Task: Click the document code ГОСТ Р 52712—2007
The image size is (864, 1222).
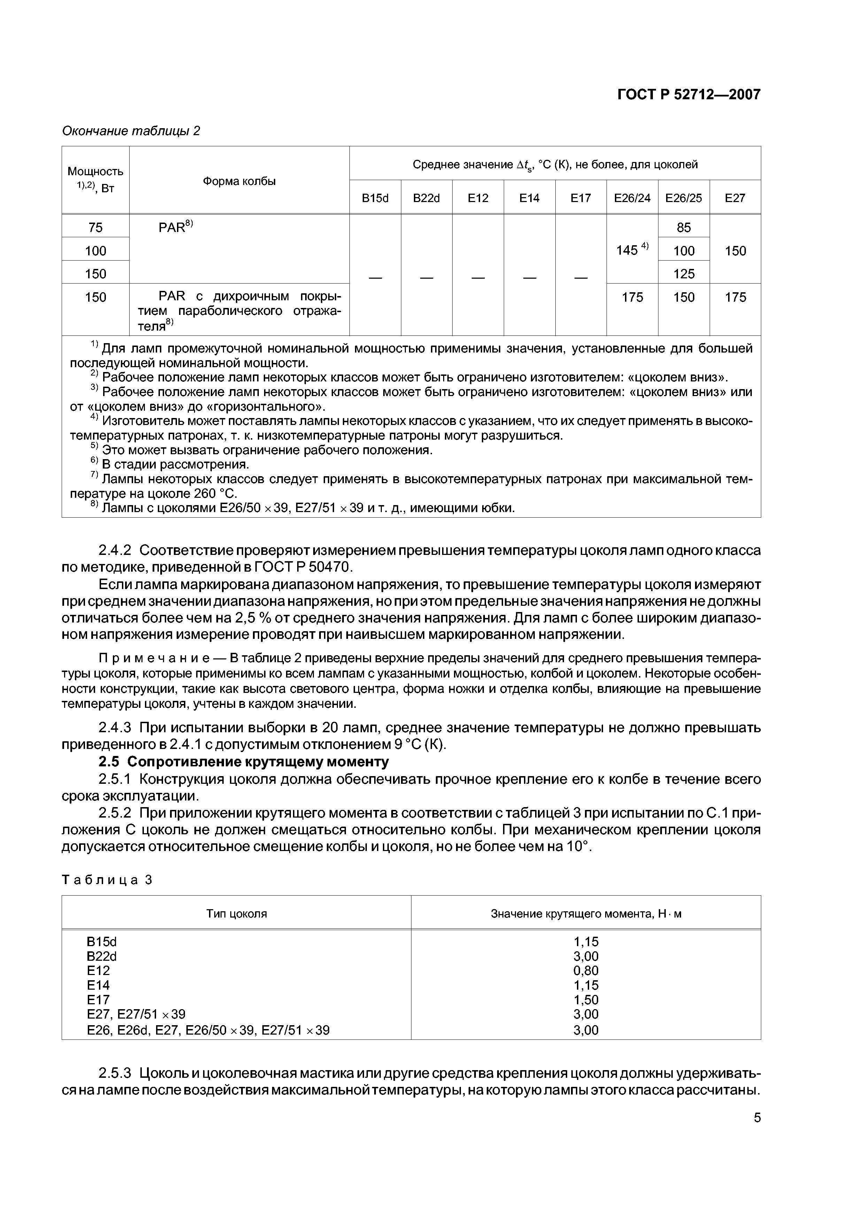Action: (688, 95)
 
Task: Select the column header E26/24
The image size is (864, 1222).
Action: (632, 198)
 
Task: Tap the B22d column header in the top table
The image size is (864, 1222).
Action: (426, 198)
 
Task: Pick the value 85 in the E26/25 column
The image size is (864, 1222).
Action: (684, 227)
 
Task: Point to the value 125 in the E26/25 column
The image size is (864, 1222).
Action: (684, 273)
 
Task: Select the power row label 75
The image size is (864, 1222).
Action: (95, 227)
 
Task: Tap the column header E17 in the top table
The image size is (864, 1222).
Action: (581, 198)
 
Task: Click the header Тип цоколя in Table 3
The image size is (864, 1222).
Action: (236, 914)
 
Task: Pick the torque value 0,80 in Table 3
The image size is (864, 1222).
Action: (586, 970)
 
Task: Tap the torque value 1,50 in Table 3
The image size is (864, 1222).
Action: (586, 999)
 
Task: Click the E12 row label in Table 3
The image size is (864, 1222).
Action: (98, 970)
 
